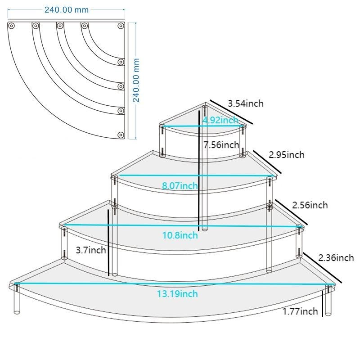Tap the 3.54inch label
[245, 103]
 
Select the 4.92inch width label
[220, 120]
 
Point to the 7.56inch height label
[221, 145]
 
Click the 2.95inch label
[286, 155]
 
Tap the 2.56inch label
[310, 205]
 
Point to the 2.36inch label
[336, 258]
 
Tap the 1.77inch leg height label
[300, 311]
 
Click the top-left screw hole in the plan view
[13, 25]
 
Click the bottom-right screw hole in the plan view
[121, 135]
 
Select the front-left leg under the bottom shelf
[17, 299]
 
